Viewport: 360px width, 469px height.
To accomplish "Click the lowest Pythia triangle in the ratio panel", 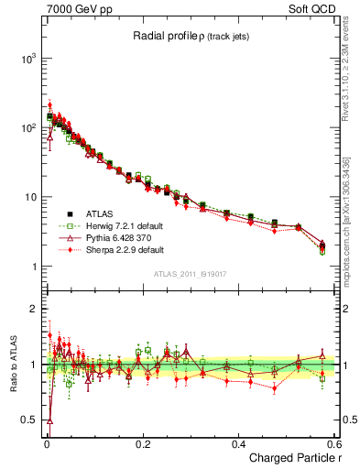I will pyautogui.click(x=49, y=421).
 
